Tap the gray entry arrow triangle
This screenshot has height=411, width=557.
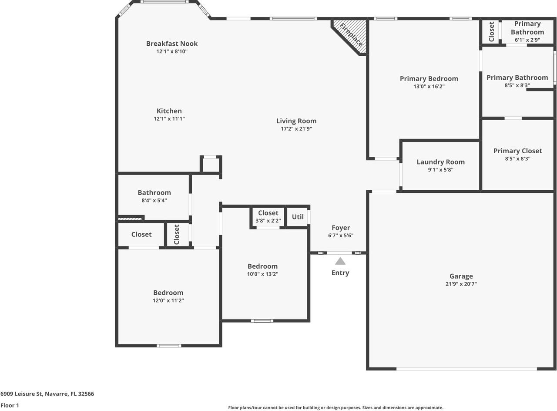[x=340, y=261]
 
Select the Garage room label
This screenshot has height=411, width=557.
[x=461, y=276]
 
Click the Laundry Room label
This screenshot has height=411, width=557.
[x=440, y=162]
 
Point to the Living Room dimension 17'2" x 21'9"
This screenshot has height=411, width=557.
[x=296, y=129]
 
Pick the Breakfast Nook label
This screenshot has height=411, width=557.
[x=172, y=44]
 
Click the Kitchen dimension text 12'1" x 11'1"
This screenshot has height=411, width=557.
[x=169, y=119]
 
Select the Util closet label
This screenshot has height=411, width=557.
[x=298, y=216]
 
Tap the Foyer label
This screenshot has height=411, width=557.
[x=341, y=228]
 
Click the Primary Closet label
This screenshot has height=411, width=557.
[x=517, y=151]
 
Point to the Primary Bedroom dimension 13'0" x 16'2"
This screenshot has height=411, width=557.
[x=429, y=87]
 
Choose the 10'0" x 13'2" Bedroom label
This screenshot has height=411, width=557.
[x=262, y=266]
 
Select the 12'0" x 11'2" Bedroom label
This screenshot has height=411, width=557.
[x=168, y=293]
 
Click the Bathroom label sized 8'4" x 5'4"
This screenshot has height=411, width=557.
[x=154, y=193]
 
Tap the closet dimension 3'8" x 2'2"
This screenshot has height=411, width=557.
[x=268, y=221]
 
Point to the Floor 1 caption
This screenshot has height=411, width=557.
[x=10, y=405]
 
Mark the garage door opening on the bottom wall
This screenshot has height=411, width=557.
[x=466, y=369]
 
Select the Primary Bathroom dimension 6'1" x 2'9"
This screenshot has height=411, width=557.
[x=527, y=40]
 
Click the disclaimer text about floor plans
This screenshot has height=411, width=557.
[x=336, y=408]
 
